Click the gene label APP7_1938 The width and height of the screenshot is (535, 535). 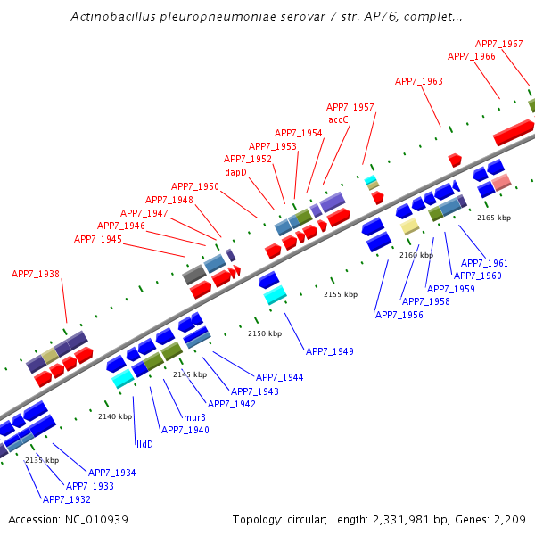pos(36,274)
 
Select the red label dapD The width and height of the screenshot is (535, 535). pos(235,172)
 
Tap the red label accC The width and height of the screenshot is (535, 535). pos(338,119)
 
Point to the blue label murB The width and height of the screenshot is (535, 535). pos(194,417)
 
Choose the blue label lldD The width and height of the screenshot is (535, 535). pos(144,443)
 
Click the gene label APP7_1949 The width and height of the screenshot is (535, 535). pos(329,351)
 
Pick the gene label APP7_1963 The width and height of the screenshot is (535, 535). pos(419,81)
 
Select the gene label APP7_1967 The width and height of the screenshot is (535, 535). pos(498,44)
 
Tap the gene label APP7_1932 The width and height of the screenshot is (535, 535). pos(67,499)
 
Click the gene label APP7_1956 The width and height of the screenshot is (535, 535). pos(399,315)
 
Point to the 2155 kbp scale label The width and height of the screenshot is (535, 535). pos(340,294)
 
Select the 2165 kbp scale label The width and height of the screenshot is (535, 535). pos(494,218)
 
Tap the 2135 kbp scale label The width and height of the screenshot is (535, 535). pos(42,460)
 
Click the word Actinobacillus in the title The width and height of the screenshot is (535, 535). pos(111,17)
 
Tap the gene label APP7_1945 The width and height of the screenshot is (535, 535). pos(98,239)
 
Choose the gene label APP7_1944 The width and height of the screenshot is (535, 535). pos(279,378)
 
